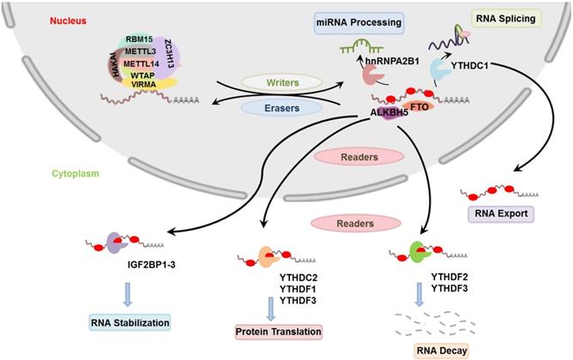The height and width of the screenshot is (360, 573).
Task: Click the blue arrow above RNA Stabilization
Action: [129, 295]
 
